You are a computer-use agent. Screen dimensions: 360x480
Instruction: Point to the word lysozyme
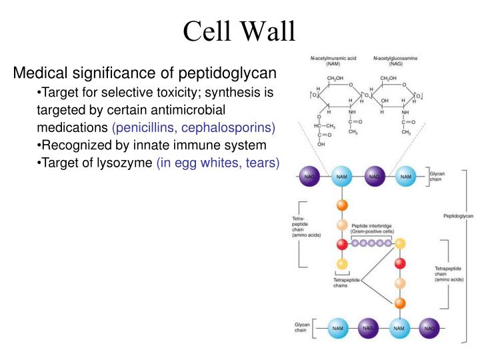coord(124,163)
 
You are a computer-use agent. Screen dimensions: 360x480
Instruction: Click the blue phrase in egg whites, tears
coord(218,163)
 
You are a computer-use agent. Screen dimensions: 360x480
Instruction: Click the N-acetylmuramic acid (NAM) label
coord(333,62)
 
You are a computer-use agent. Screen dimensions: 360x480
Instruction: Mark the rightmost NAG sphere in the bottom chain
coord(429,327)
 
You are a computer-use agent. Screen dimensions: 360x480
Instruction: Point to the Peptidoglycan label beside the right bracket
coord(458,216)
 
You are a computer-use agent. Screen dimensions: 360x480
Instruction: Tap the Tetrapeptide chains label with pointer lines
coord(346,283)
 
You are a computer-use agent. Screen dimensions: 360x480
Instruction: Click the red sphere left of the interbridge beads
coord(343,244)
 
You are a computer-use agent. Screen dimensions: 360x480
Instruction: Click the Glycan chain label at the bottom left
coord(303,327)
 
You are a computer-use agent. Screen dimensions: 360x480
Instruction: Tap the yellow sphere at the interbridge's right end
coord(400,244)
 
